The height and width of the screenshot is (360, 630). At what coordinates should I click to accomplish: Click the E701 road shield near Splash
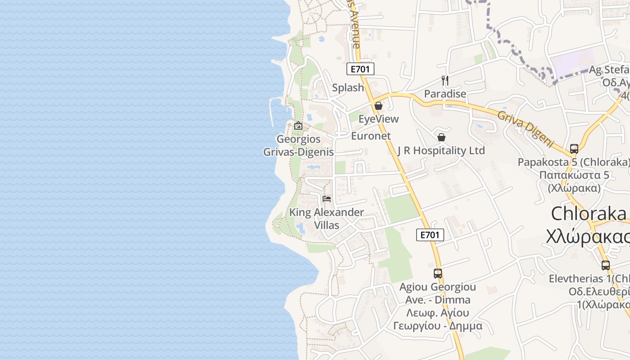click(360, 69)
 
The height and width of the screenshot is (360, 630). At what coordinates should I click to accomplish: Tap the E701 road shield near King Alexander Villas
click(430, 234)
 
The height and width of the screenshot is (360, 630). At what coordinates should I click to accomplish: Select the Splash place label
click(348, 88)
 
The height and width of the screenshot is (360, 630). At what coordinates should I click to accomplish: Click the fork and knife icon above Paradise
click(445, 81)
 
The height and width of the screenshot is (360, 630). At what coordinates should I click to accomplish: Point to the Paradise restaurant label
click(445, 94)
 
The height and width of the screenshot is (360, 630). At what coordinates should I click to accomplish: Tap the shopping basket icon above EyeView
click(378, 106)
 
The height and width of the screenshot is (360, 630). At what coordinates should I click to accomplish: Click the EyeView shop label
click(378, 119)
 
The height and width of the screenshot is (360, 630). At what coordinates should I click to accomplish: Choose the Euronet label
click(371, 136)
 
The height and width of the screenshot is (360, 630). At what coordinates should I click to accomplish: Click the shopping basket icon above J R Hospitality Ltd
click(441, 137)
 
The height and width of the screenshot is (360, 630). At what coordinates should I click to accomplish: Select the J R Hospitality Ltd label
click(441, 151)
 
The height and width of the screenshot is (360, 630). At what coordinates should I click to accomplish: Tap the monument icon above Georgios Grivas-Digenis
click(298, 126)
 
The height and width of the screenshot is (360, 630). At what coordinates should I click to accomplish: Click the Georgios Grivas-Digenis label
click(298, 145)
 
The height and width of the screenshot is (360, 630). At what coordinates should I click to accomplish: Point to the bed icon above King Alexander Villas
click(327, 198)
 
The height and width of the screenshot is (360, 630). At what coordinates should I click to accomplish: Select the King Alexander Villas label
click(327, 218)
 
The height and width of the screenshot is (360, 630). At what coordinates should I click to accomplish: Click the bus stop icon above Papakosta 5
click(574, 148)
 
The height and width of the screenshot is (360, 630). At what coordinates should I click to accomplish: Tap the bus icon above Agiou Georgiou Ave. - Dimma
click(438, 273)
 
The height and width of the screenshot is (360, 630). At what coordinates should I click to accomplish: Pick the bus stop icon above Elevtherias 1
click(606, 265)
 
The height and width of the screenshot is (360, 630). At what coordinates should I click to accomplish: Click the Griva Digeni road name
click(525, 128)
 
